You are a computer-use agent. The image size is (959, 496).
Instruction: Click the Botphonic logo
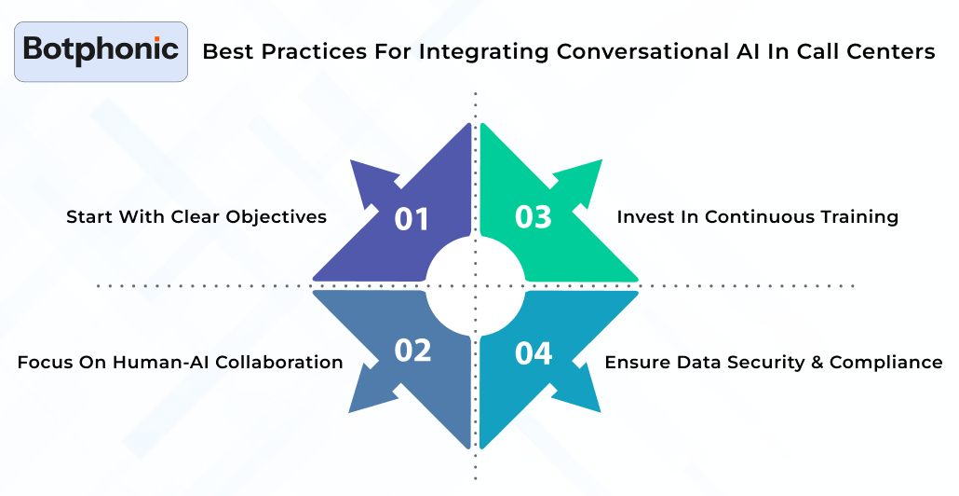(x=101, y=51)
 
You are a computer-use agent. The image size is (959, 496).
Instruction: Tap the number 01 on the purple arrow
(x=412, y=218)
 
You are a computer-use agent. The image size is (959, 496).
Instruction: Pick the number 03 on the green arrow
(x=534, y=217)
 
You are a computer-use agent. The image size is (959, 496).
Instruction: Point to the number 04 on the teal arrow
(x=534, y=353)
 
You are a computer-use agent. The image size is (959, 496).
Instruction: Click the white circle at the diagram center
(x=476, y=284)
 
